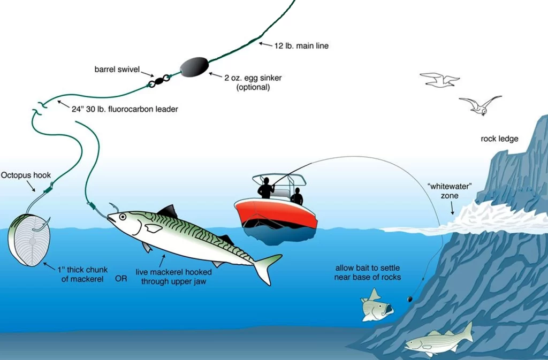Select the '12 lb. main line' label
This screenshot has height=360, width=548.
[x=301, y=46]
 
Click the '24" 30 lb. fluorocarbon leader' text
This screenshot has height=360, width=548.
[x=124, y=109]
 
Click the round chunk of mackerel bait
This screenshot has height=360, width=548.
[x=29, y=240]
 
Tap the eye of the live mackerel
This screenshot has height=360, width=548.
[x=123, y=217]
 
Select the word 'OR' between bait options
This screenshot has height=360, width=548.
[x=121, y=279]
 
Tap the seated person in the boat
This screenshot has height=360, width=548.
[x=296, y=196]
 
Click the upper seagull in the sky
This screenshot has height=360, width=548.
[x=440, y=80]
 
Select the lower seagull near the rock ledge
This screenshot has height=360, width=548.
[x=480, y=104]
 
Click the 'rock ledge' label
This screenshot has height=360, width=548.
[x=499, y=139]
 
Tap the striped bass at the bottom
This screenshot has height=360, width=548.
[x=439, y=340]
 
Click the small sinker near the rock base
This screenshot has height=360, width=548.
[x=409, y=298]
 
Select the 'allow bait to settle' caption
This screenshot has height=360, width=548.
[x=367, y=272]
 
